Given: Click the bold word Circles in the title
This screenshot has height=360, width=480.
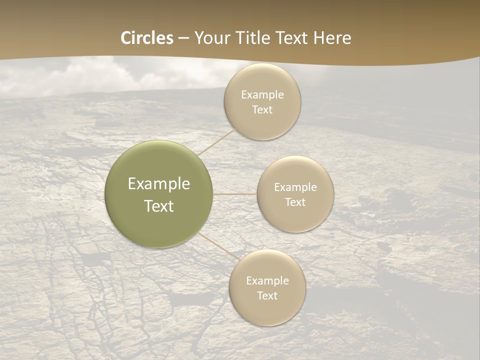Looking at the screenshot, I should click(x=147, y=38).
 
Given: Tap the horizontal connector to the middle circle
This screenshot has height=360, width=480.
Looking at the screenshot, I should click(x=235, y=194).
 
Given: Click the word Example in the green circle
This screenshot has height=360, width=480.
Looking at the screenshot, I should click(x=159, y=184).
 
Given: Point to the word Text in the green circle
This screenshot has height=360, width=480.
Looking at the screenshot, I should click(x=159, y=206).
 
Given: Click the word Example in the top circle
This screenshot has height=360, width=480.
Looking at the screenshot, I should click(x=262, y=95).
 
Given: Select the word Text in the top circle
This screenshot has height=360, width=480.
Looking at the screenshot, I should click(x=262, y=110).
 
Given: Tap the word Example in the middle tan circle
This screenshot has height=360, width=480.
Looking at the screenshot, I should click(x=295, y=187).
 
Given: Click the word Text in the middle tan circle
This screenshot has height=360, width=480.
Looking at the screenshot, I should click(x=295, y=202).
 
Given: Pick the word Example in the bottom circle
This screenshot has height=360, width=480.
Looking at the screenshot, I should click(x=267, y=281).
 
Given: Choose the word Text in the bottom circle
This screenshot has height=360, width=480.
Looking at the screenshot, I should click(x=267, y=296).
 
